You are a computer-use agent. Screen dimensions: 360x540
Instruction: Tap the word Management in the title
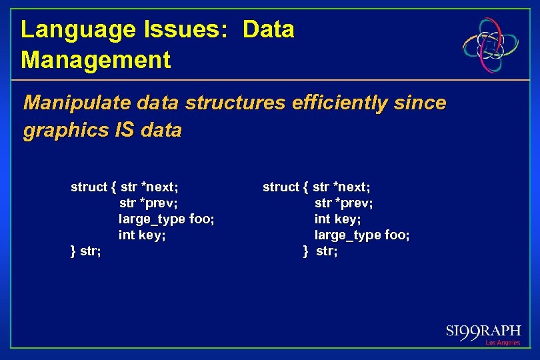click(x=95, y=60)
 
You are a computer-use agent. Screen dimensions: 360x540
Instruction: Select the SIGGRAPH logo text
click(x=483, y=331)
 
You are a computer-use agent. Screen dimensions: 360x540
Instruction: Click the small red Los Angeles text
click(x=503, y=343)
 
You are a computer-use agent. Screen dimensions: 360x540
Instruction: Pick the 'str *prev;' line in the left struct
click(x=148, y=203)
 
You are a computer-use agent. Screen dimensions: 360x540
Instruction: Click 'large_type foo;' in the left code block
click(x=166, y=219)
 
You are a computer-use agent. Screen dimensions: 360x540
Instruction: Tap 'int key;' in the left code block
click(x=142, y=235)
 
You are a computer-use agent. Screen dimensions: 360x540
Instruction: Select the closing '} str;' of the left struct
click(x=86, y=251)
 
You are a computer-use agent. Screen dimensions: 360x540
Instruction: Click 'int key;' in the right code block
click(x=337, y=219)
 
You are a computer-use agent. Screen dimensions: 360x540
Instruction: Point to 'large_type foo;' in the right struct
click(x=362, y=235)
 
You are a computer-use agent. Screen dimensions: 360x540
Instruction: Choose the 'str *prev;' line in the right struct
click(x=343, y=203)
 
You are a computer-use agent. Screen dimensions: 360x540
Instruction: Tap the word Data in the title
click(x=268, y=30)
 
